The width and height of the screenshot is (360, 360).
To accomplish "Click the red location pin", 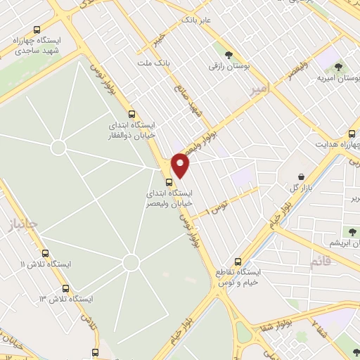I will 181,165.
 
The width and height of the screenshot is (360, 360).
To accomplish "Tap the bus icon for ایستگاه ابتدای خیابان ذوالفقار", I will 131,114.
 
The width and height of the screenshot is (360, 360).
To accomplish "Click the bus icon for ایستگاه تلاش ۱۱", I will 46,253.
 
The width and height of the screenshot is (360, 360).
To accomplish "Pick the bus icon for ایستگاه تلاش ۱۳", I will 66,288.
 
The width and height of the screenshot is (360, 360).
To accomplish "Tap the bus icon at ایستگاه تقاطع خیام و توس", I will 238,261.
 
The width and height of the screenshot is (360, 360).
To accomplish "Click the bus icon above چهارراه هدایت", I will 352,134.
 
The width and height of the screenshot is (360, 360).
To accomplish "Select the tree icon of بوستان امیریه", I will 338,67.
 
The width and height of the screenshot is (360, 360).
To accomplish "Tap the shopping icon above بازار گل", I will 302,176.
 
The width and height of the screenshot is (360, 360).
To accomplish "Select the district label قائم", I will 319,262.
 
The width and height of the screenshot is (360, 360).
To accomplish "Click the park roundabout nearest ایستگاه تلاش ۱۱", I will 131,263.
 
